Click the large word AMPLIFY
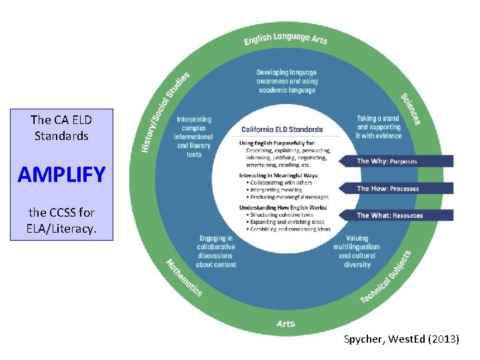click(61, 175)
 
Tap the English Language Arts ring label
click(285, 39)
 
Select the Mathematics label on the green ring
click(183, 277)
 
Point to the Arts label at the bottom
click(286, 324)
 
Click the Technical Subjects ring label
click(386, 277)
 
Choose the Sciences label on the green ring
click(410, 108)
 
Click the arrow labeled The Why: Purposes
click(396, 161)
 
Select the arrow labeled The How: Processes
click(396, 189)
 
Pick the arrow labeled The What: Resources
click(396, 215)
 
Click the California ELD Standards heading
click(282, 129)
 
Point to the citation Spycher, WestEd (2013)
click(401, 339)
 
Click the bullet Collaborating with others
click(280, 183)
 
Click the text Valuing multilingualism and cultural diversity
click(357, 251)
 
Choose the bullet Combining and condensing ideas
click(289, 229)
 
